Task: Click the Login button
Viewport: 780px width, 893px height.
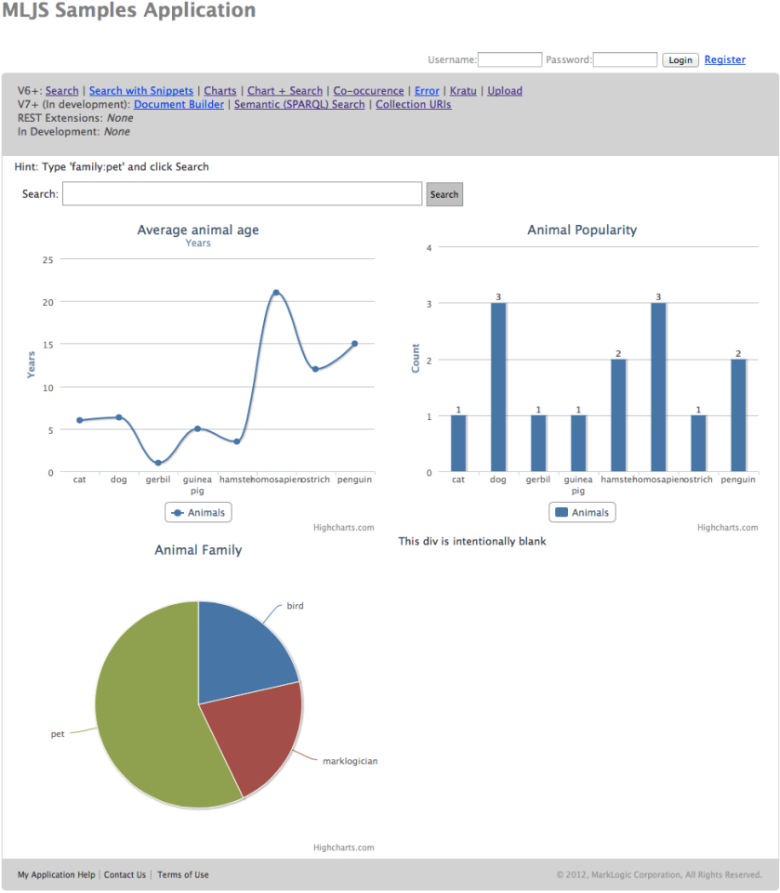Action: (680, 59)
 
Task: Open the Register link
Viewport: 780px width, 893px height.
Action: (724, 59)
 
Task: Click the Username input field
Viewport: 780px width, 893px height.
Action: (509, 59)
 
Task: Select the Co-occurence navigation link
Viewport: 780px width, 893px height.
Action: (368, 91)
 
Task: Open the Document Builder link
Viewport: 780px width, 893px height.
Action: (178, 105)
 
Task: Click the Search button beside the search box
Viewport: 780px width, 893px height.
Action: (444, 194)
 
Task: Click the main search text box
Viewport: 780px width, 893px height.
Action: (242, 194)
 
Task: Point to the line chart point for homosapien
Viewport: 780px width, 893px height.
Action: (276, 293)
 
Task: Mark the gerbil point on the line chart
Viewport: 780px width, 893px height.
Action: (158, 463)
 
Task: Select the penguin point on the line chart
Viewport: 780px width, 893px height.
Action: (354, 344)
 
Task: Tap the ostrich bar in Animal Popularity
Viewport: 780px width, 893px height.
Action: (698, 443)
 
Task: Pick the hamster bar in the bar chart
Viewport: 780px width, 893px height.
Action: (618, 415)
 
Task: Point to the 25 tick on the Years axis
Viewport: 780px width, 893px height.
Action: (47, 259)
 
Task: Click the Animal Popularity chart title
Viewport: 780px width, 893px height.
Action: (582, 230)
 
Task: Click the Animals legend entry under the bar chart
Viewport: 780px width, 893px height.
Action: (582, 512)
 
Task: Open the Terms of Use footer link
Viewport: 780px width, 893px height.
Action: (182, 874)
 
